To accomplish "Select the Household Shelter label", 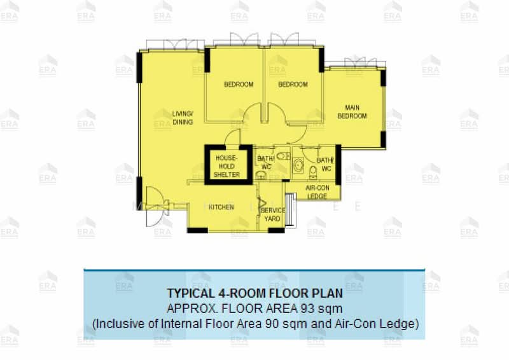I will point(227,165).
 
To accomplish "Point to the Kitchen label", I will point(221,207).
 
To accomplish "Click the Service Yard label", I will point(273,214).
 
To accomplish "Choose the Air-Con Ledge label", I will point(317,192).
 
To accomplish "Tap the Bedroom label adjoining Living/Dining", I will point(238,85).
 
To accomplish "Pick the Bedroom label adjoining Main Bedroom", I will point(293,85).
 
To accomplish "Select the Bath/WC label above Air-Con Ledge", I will point(324,164).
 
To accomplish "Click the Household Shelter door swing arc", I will point(234,136).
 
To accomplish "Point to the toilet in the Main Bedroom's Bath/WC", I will point(311,174).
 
